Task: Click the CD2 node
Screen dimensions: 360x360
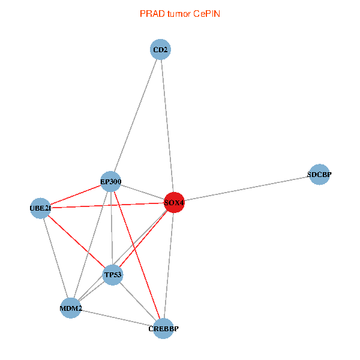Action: (x=160, y=50)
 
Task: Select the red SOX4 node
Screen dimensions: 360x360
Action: (x=174, y=203)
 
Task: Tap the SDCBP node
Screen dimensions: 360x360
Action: (x=319, y=175)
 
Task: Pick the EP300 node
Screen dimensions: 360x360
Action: (x=110, y=181)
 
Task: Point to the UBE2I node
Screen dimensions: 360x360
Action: (x=40, y=208)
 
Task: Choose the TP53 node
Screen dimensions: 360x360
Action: (x=113, y=275)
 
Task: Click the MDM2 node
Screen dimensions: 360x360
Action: (x=71, y=308)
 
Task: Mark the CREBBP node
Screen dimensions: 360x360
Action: (x=163, y=329)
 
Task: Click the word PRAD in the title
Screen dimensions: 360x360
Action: (x=150, y=13)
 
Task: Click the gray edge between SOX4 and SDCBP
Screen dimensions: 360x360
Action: (x=247, y=188)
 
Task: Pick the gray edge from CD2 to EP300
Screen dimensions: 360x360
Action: (x=136, y=115)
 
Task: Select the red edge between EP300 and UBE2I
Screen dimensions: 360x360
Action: (x=75, y=195)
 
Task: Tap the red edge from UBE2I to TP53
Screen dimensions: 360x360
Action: (x=76, y=241)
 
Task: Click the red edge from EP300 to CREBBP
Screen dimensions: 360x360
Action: (x=137, y=255)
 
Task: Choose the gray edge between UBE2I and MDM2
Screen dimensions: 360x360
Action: (x=55, y=258)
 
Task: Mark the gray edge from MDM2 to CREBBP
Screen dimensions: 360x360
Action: (x=117, y=319)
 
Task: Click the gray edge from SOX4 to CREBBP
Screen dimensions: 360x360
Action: (x=169, y=266)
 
